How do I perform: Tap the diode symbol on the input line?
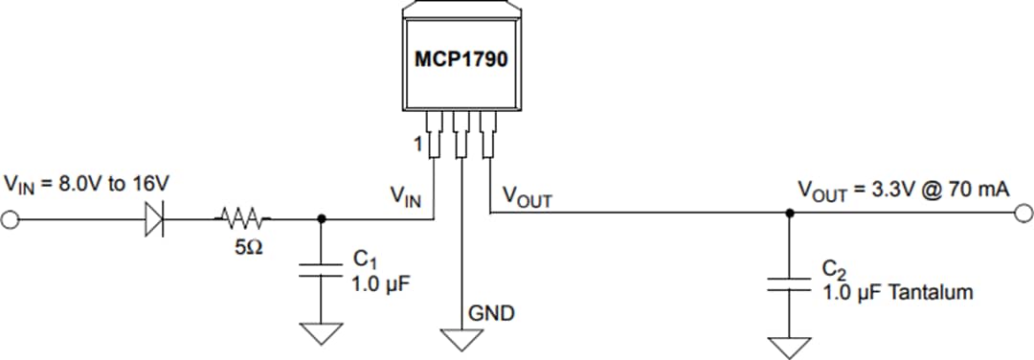156,218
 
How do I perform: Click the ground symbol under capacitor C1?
321,333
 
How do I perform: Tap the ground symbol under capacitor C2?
789,346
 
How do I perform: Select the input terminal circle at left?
11,219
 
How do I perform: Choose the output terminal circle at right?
1023,214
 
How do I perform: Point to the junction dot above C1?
321,218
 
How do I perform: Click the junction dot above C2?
789,214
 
